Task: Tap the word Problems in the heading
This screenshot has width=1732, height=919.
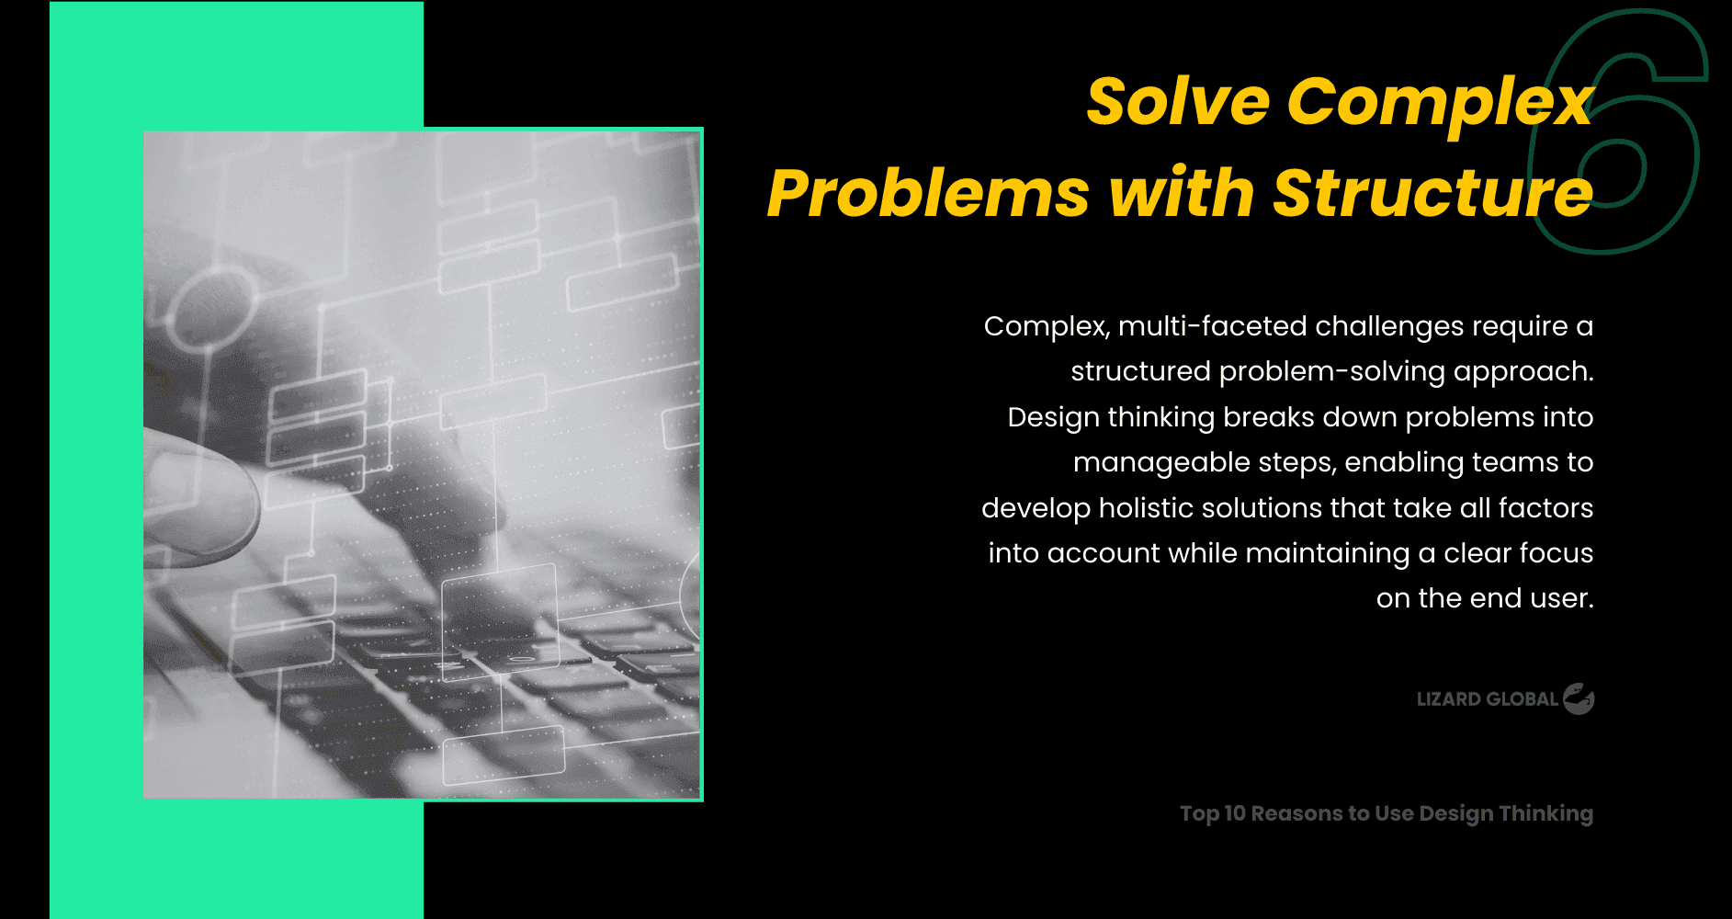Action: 928,194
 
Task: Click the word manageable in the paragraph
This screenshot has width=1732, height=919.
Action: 1160,462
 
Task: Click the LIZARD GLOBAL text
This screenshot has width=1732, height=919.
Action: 1487,699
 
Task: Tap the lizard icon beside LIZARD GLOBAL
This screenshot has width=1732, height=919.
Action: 1579,699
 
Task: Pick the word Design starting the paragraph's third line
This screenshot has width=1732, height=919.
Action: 1053,417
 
